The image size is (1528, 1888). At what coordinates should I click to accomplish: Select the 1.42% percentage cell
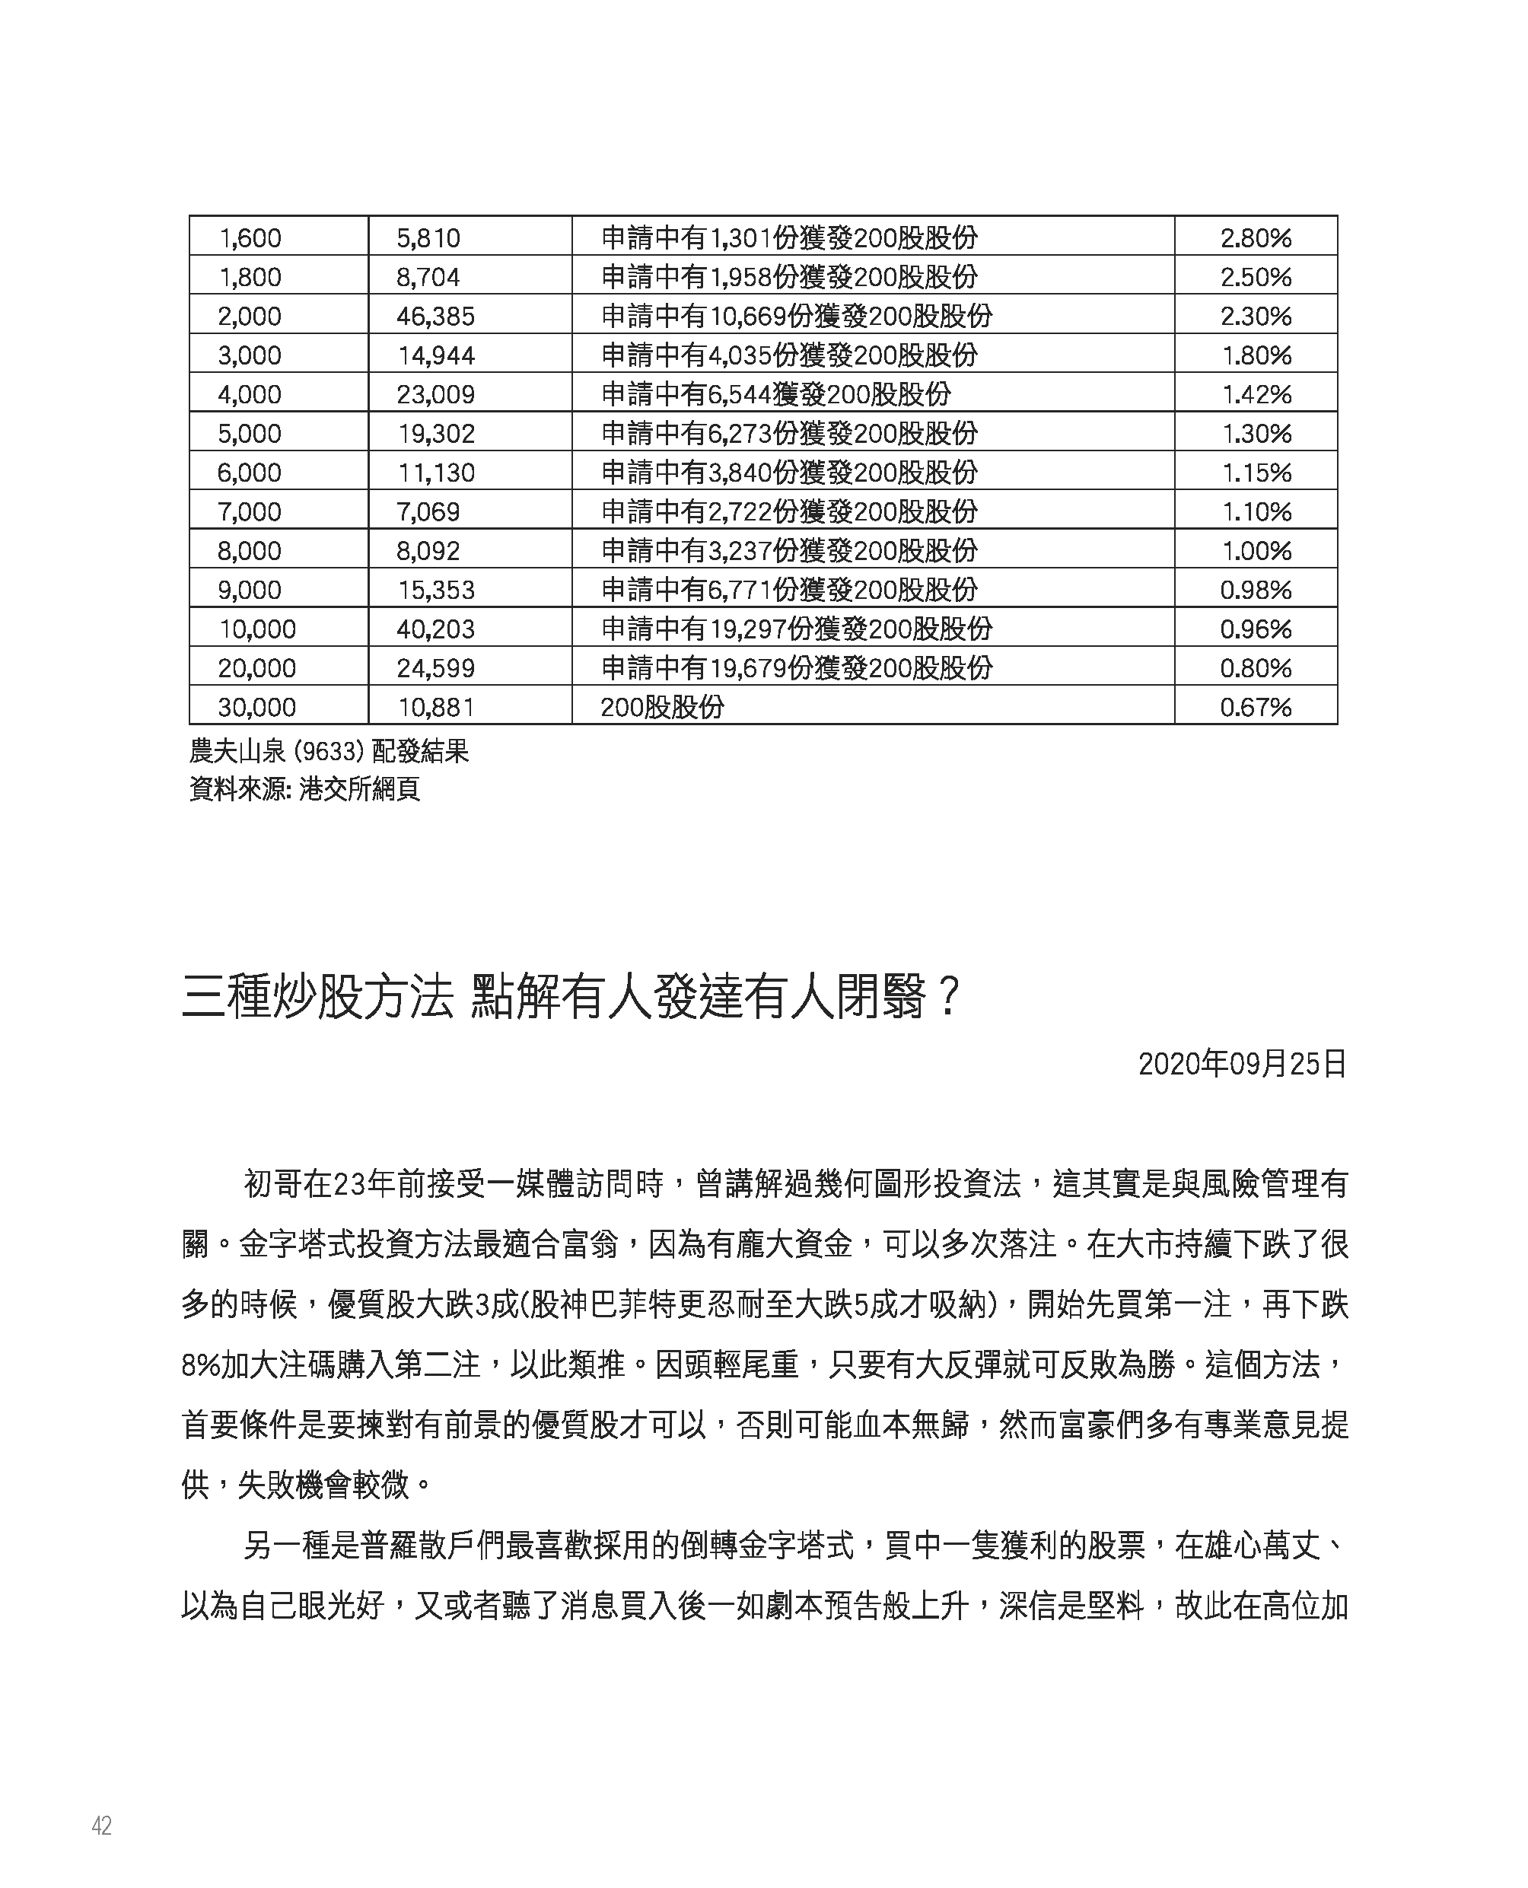pos(1256,394)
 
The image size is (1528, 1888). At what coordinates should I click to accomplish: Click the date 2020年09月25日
pos(1242,1064)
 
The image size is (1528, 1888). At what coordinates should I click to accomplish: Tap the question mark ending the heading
pos(947,998)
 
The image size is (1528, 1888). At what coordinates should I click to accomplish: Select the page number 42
pos(101,1826)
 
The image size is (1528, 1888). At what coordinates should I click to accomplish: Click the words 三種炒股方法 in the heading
pos(317,998)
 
